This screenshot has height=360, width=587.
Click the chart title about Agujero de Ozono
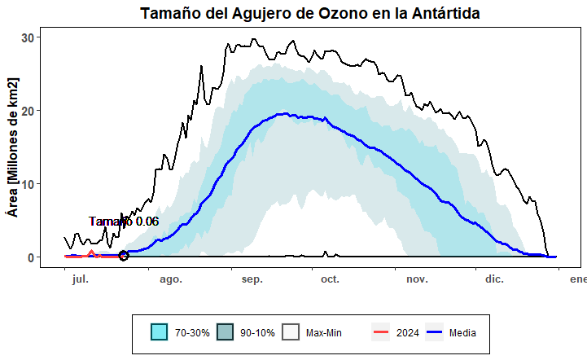pos(309,14)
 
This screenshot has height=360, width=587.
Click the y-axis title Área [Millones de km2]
pos(12,147)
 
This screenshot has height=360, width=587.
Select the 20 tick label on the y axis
pos(27,111)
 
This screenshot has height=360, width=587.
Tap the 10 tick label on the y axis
pos(27,184)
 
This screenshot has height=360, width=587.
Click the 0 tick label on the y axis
pos(30,257)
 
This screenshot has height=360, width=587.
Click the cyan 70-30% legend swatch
pos(160,332)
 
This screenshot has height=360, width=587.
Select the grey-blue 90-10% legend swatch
pos(226,332)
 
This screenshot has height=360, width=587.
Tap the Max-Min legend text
pos(324,333)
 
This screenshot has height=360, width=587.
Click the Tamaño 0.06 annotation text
pos(124,222)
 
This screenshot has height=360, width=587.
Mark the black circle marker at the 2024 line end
pos(124,256)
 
